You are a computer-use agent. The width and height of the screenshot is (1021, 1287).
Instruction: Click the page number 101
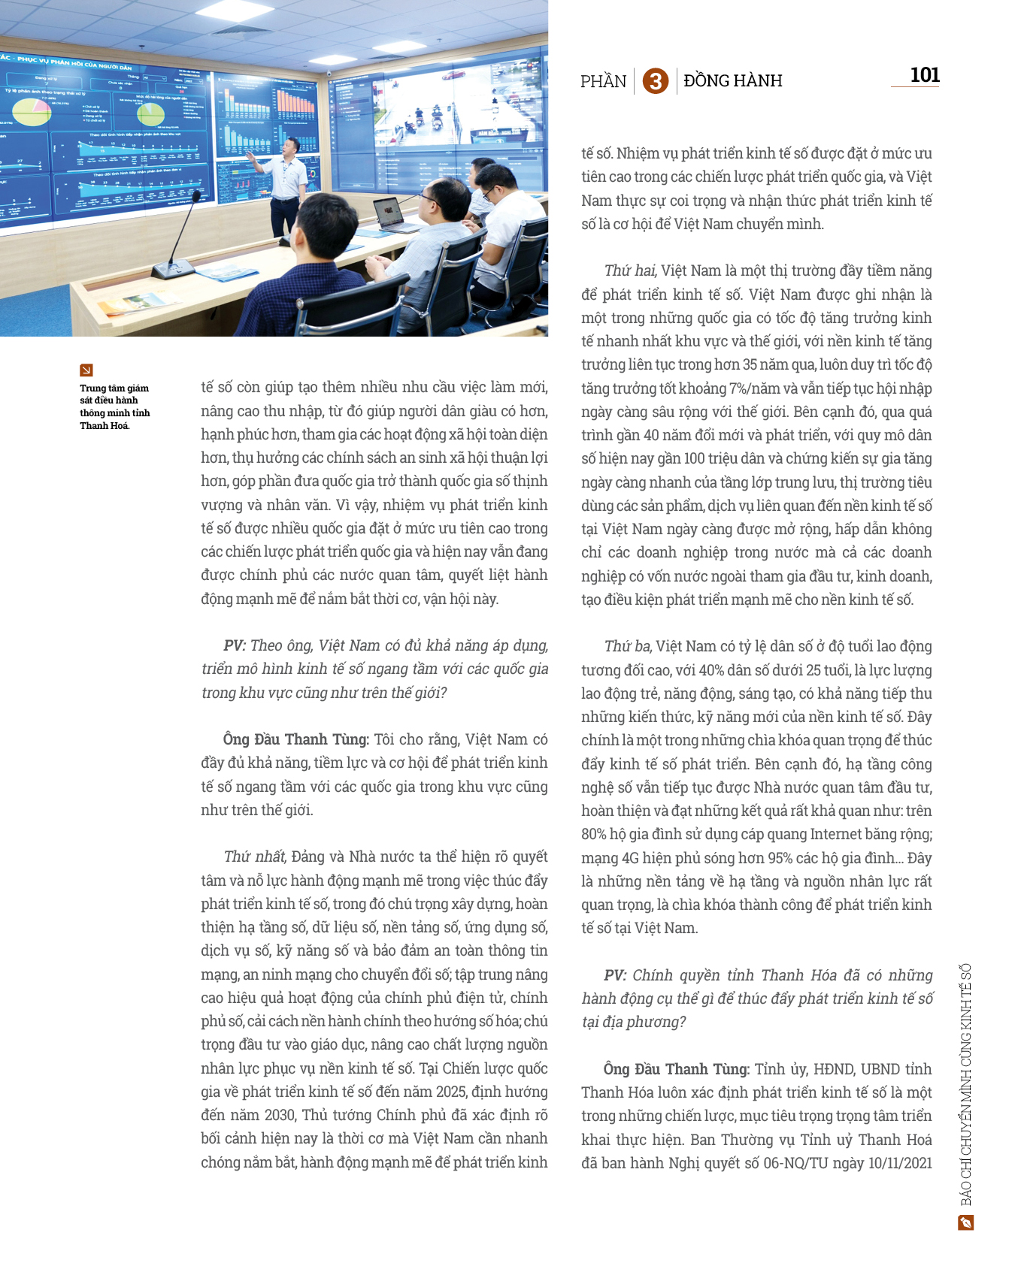pos(924,75)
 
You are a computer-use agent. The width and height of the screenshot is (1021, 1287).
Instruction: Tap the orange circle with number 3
pos(655,80)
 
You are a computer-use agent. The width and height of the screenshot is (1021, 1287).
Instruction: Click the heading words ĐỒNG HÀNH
pos(733,80)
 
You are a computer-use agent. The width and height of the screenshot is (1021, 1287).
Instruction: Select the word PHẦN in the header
pos(603,81)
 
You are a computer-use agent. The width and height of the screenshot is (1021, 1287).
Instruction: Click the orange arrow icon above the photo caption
pos(86,370)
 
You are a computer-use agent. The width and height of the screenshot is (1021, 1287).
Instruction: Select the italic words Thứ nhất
pos(255,856)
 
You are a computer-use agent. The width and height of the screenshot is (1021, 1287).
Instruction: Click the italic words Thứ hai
pos(630,270)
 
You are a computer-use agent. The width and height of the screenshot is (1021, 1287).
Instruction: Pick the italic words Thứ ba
pos(628,646)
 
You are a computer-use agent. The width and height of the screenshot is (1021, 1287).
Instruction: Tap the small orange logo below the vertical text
pos(966,1223)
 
